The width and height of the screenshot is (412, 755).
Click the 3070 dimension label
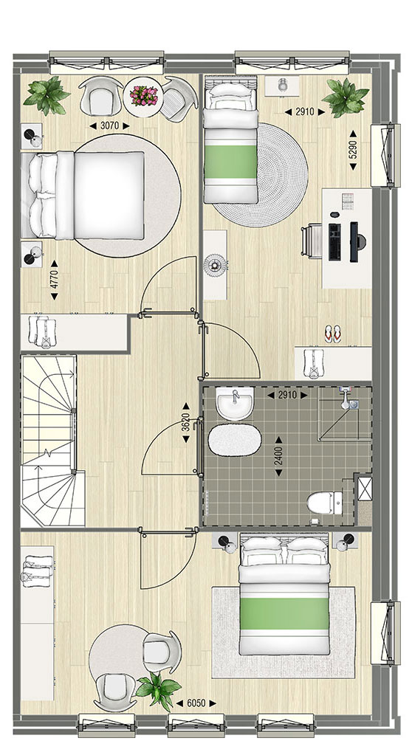coord(110,125)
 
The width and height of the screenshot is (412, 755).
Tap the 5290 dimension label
coord(353,151)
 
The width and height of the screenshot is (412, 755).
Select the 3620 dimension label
coord(185,422)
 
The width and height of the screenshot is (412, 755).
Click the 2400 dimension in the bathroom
coord(278,456)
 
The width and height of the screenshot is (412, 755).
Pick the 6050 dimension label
coord(196,703)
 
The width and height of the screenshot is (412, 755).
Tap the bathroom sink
coord(235,404)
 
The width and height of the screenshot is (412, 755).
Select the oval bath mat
coord(235,441)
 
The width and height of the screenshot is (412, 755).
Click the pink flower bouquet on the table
coord(143,96)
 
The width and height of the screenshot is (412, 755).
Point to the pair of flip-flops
coord(332,334)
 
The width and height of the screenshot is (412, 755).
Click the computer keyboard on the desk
coord(334,242)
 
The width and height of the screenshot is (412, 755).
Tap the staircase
coord(49,441)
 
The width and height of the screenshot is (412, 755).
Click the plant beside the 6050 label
coord(157,691)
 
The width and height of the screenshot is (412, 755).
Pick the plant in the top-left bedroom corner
coord(47,96)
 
